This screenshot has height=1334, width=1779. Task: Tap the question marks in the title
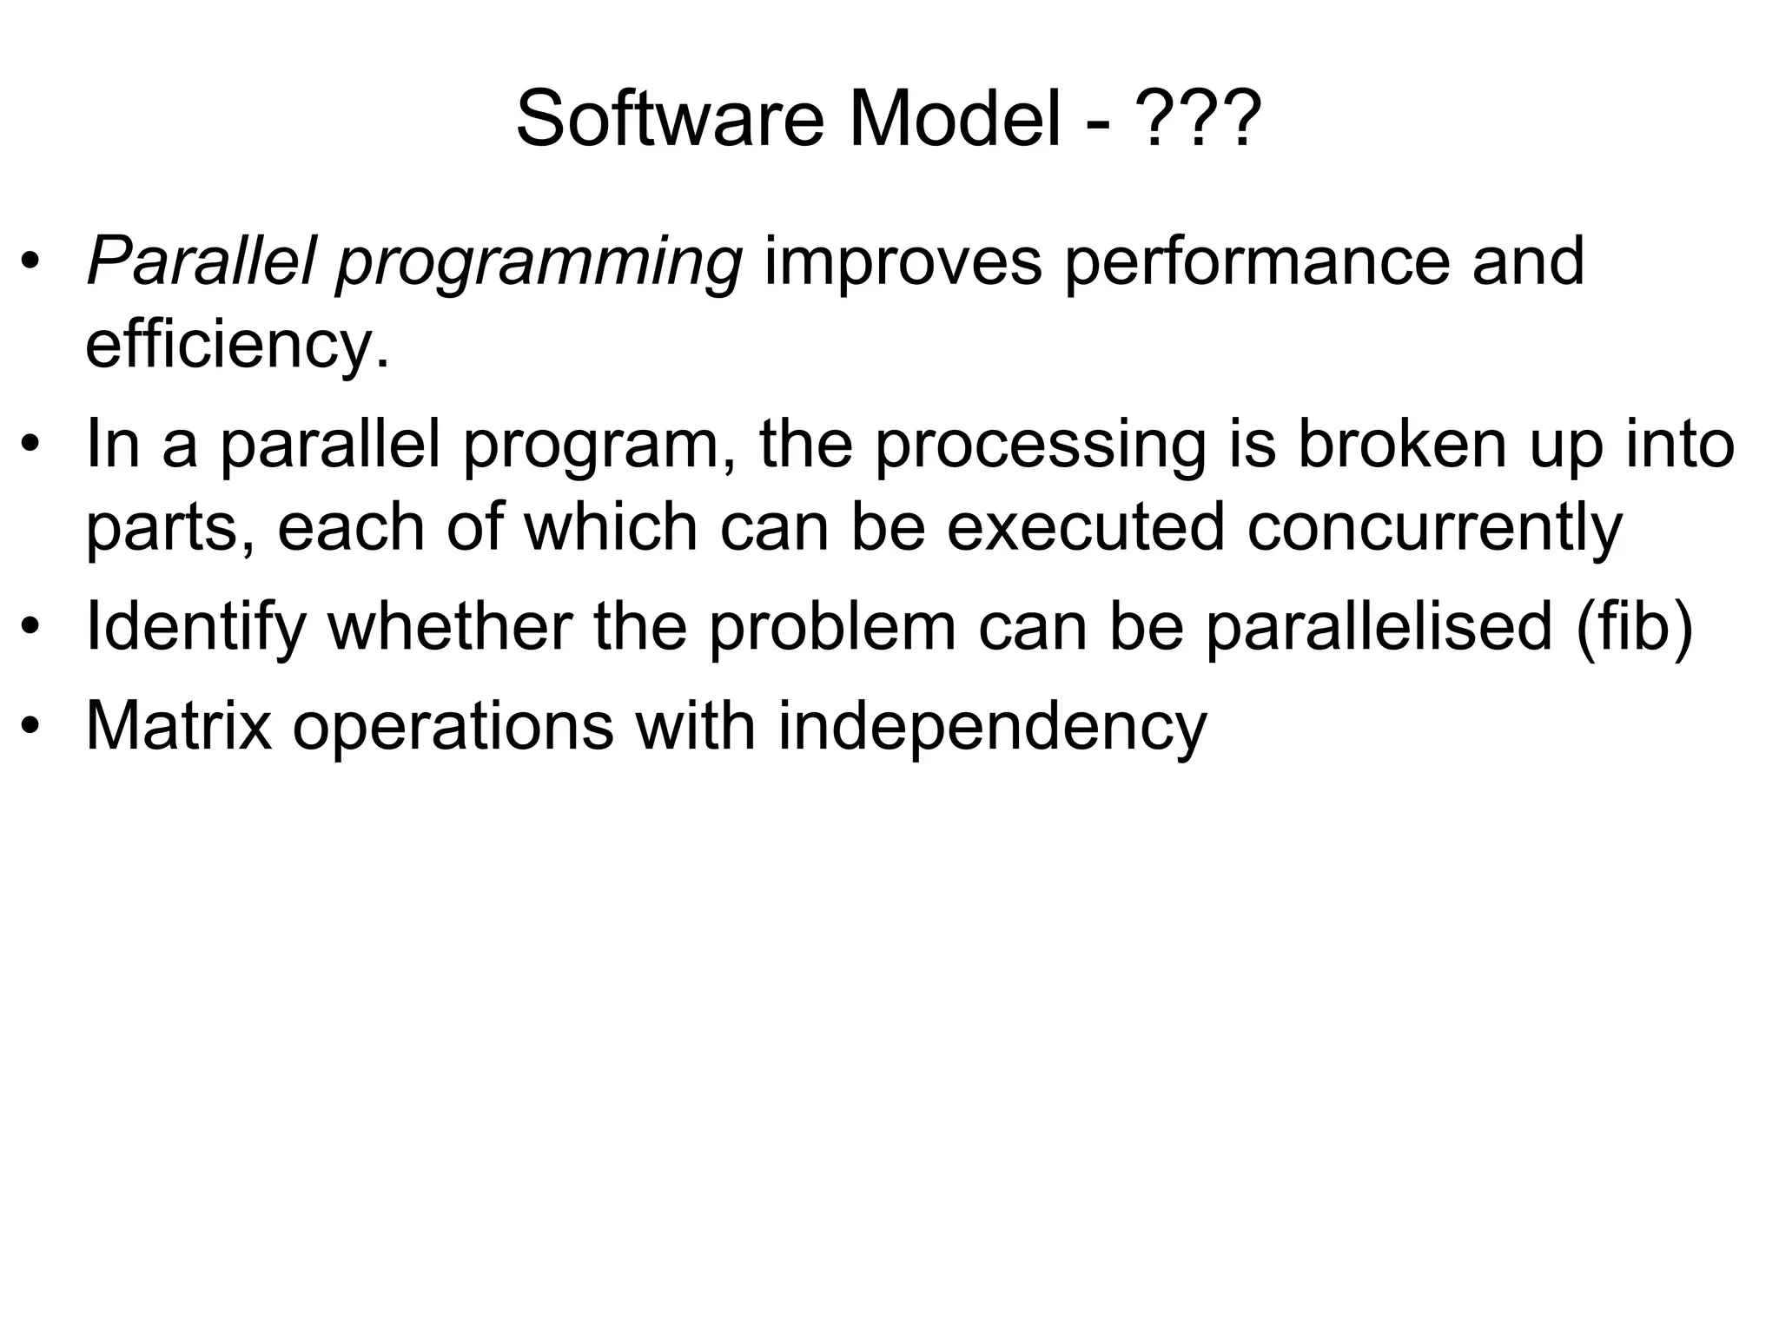pyautogui.click(x=1200, y=120)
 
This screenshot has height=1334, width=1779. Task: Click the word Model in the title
pyautogui.click(x=955, y=120)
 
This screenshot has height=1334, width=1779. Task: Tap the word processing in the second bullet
pyautogui.click(x=1040, y=446)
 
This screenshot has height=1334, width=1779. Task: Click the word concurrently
pyautogui.click(x=1434, y=528)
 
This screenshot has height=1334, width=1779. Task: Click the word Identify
pyautogui.click(x=196, y=629)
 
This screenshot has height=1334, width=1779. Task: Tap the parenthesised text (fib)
pyautogui.click(x=1634, y=627)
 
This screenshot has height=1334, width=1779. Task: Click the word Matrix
pyautogui.click(x=179, y=726)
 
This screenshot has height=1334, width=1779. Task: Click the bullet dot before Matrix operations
pyautogui.click(x=32, y=728)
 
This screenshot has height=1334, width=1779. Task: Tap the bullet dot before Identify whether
pyautogui.click(x=32, y=627)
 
